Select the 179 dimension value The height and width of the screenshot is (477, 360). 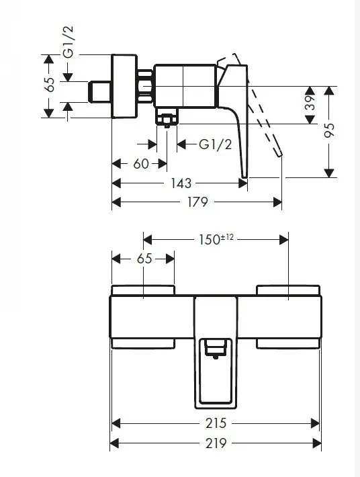pos(197,202)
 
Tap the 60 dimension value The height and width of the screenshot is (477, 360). pos(140,163)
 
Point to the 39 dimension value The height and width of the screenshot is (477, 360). pos(310,104)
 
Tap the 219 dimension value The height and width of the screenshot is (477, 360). pos(216,443)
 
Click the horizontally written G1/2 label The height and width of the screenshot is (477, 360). pos(216,144)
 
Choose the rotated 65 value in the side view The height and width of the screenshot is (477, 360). pos(49,86)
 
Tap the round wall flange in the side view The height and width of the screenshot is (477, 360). pos(124,86)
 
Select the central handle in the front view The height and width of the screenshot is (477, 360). pos(216,376)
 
